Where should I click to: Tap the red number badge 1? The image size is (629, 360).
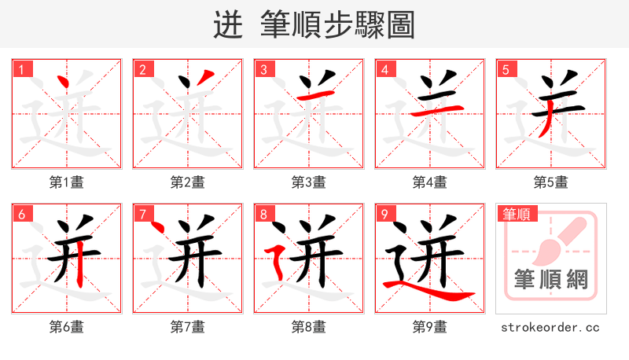point(20,69)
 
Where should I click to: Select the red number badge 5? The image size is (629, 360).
point(505,69)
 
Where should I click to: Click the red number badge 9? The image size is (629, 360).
point(384,214)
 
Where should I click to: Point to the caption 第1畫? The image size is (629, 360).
point(66,182)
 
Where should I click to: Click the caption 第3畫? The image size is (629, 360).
point(308,182)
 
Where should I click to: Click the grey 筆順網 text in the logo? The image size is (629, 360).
point(550,280)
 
